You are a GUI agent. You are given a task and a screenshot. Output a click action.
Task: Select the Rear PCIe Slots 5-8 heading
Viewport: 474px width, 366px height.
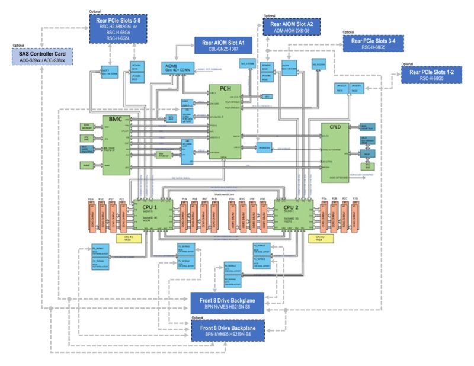[118, 20]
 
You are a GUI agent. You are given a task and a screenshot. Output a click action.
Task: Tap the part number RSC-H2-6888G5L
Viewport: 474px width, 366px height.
[118, 27]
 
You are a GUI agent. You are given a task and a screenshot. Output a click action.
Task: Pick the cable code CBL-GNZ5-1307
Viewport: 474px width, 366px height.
[223, 50]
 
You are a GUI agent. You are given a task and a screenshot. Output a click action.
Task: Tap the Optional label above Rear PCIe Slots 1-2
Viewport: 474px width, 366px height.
[407, 64]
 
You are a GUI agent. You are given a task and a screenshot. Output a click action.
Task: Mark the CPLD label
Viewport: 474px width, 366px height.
[335, 127]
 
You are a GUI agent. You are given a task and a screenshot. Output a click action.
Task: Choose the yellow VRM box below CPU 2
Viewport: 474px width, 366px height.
[318, 239]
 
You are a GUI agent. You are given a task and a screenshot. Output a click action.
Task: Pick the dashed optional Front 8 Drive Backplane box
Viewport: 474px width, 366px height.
[228, 330]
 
